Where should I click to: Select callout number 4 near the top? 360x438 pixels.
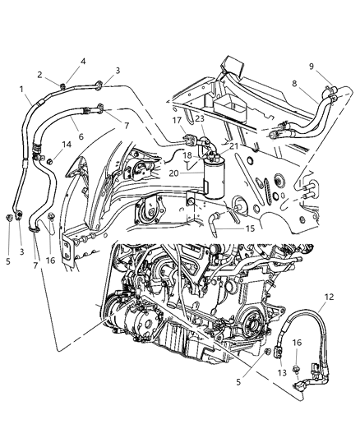coord(82,60)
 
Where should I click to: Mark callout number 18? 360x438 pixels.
coord(186,154)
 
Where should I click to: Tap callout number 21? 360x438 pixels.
coord(233,146)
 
